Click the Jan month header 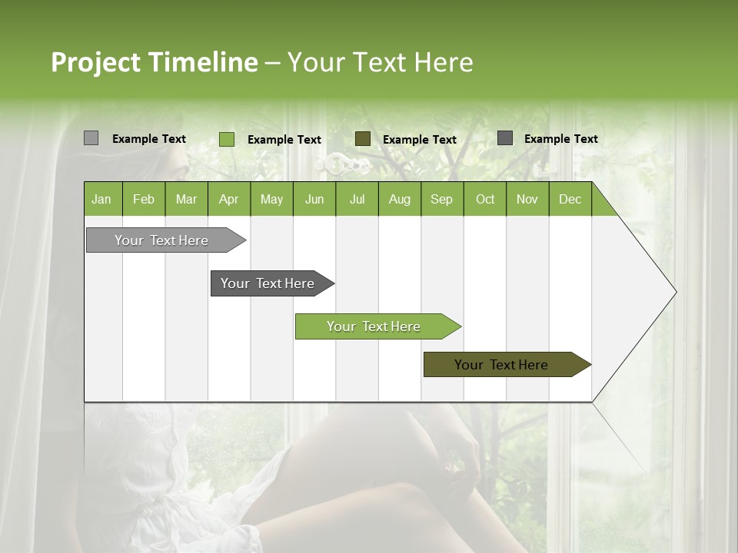coord(102,199)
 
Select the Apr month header coord(228,199)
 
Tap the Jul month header coord(357,199)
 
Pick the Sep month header coord(441,199)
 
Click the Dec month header coord(570,199)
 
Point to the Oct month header coord(484,199)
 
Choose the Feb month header coord(144,199)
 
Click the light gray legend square coord(91,138)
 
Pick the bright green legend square coord(226,139)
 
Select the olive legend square coord(362,138)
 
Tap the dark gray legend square coord(504,138)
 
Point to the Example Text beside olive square coord(419,140)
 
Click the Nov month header coord(527,199)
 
